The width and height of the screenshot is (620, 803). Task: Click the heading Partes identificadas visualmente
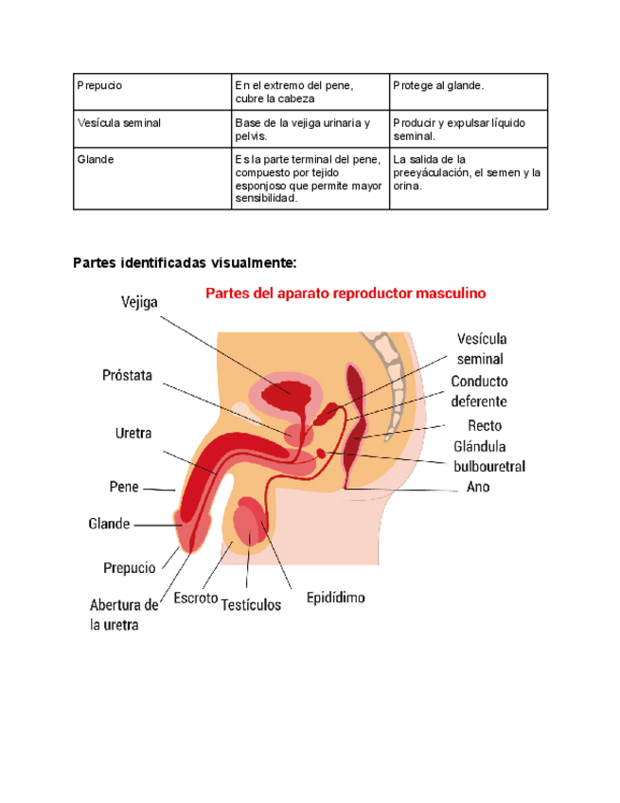tap(186, 262)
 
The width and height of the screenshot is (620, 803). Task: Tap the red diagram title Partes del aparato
tap(345, 294)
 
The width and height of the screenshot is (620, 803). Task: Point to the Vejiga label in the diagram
tap(139, 302)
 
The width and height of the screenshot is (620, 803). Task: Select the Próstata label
tap(127, 375)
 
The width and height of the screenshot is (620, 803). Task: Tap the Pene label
tap(124, 487)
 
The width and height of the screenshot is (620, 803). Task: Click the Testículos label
tap(251, 604)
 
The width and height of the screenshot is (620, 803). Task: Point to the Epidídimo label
tap(336, 598)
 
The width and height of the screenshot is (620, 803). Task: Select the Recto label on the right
tap(485, 425)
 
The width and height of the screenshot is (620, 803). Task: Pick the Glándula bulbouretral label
tap(488, 455)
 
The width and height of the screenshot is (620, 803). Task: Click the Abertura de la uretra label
tap(124, 615)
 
